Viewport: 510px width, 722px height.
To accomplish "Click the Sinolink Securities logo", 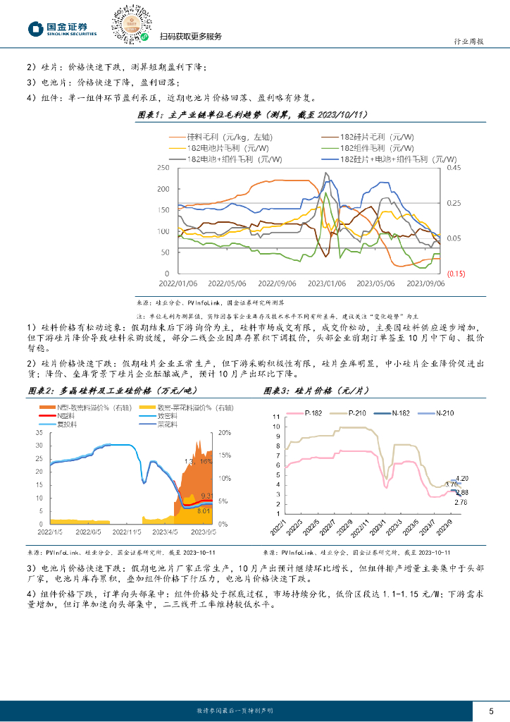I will pyautogui.click(x=62, y=28).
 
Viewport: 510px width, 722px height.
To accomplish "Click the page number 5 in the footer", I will pyautogui.click(x=491, y=710).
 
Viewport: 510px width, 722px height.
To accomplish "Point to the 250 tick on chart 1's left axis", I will pyautogui.click(x=163, y=168).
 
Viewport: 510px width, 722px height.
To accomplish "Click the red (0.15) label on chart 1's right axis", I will pyautogui.click(x=454, y=274).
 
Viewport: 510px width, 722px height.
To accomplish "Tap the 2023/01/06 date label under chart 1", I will pyautogui.click(x=326, y=283).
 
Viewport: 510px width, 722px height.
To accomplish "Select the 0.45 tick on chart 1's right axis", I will pyautogui.click(x=454, y=168).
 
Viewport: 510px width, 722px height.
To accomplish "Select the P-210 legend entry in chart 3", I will pyautogui.click(x=369, y=413).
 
